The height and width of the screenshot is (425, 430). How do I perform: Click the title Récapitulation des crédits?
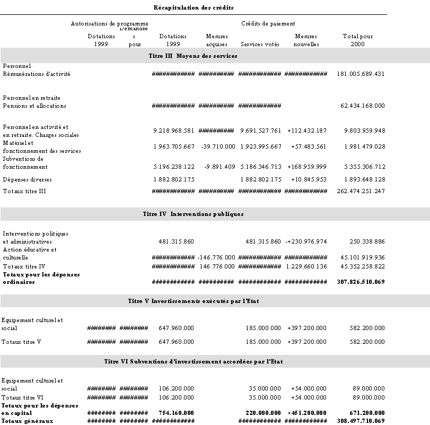tap(194, 7)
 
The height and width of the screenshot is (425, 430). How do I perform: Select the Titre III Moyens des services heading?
tap(193, 56)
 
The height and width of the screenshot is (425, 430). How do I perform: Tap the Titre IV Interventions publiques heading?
tap(193, 214)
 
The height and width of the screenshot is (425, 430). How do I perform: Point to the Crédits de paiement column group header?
tap(268, 23)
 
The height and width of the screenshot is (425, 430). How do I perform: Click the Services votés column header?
tap(260, 44)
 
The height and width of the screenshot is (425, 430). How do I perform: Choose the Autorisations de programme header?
tap(110, 23)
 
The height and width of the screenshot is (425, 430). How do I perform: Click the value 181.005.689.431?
tap(361, 74)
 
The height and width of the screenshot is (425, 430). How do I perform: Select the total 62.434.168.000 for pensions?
tap(363, 106)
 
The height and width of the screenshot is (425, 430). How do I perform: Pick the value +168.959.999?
tap(307, 167)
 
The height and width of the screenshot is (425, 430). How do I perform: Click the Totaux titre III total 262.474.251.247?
tap(361, 191)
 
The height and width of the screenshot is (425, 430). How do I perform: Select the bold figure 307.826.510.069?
tap(361, 282)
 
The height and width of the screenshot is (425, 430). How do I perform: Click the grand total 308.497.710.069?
tap(361, 421)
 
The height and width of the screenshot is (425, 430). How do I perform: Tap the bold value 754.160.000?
tap(177, 412)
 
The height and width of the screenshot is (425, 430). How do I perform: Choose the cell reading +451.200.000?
tap(307, 412)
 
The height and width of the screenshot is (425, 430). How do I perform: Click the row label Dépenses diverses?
tap(27, 179)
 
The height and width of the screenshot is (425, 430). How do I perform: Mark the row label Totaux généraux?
tap(27, 421)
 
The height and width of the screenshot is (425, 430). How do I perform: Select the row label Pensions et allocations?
tap(34, 106)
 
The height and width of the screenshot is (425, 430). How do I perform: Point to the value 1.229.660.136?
tap(306, 266)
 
